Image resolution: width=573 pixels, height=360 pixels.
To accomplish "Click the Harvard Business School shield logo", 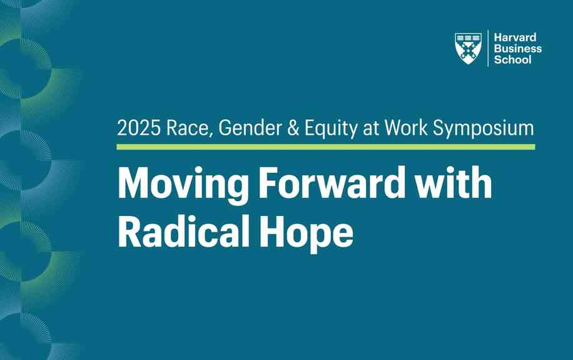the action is pyautogui.click(x=468, y=48).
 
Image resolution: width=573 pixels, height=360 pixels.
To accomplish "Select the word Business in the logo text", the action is pyautogui.click(x=518, y=49).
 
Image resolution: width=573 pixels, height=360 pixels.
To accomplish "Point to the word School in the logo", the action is pyautogui.click(x=512, y=59).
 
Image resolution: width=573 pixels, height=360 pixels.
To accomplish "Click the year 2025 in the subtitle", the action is pyautogui.click(x=139, y=128).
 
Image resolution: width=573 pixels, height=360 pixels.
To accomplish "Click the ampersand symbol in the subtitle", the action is pyautogui.click(x=293, y=128).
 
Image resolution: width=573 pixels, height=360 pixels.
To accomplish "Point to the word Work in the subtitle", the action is pyautogui.click(x=406, y=128).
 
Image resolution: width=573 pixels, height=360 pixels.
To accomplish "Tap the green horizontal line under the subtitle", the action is pyautogui.click(x=326, y=147).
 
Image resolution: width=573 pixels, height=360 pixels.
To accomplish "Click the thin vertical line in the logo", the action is pyautogui.click(x=488, y=48).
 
